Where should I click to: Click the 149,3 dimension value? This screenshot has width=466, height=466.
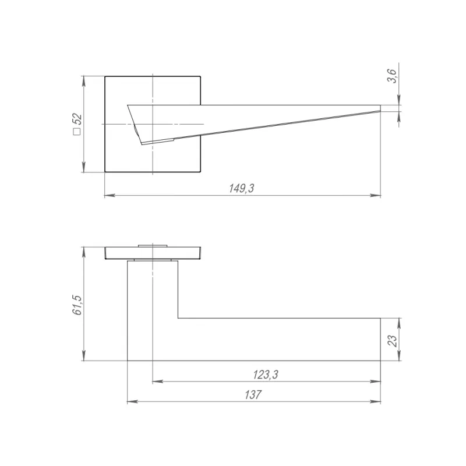pyautogui.click(x=242, y=188)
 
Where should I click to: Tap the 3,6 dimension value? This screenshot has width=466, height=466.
pyautogui.click(x=392, y=76)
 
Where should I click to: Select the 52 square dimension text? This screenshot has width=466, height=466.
pyautogui.click(x=77, y=119)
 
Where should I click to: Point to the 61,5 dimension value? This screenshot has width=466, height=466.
pyautogui.click(x=77, y=305)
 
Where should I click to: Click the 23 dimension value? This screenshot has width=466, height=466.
pyautogui.click(x=392, y=341)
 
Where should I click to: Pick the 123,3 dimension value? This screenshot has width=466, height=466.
pyautogui.click(x=266, y=375)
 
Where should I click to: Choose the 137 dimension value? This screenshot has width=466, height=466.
pyautogui.click(x=253, y=395)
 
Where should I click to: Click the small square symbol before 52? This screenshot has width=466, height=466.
pyautogui.click(x=77, y=132)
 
